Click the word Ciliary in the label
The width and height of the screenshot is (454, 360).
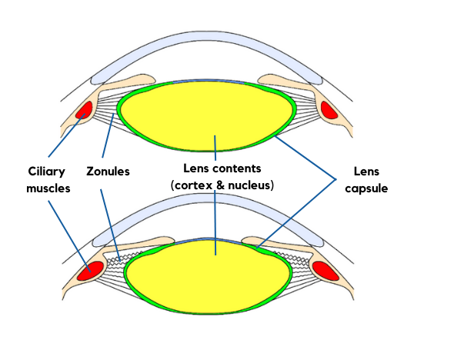tap(46, 172)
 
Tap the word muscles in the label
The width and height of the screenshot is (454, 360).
tap(48, 188)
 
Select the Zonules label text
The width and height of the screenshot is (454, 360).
tap(108, 172)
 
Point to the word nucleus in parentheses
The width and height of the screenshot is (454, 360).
tap(249, 185)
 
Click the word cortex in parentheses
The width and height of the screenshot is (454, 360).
tap(194, 185)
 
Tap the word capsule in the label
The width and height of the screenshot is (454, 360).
tap(366, 188)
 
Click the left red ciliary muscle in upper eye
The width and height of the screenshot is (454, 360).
tap(84, 110)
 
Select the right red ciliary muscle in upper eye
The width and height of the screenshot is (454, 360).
tap(329, 110)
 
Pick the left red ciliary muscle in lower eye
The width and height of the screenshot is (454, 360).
tap(90, 271)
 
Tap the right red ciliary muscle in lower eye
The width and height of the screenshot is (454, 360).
tap(325, 271)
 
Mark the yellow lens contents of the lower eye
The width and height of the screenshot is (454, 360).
tap(208, 278)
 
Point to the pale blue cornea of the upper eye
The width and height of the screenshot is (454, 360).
tap(207, 42)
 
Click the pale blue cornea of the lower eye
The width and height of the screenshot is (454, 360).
tap(207, 204)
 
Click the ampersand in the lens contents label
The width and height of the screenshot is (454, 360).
tap(220, 185)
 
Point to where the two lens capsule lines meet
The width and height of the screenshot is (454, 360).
tap(335, 179)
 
